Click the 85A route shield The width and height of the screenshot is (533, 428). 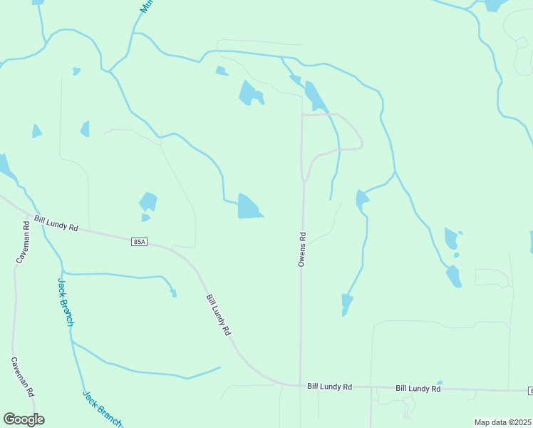coord(140,243)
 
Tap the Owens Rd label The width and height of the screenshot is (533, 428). coord(301,250)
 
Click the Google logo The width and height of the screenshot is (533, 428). coord(24,419)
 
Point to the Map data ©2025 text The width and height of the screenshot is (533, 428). coord(502,422)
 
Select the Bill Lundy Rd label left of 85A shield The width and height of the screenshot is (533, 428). coord(56,224)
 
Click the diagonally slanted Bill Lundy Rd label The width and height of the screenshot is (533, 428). coord(219,315)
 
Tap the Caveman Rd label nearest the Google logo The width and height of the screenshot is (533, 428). coord(22,377)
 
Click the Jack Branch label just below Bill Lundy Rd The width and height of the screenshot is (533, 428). coord(65,302)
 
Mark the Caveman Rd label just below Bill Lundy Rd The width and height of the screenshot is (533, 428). coord(22,243)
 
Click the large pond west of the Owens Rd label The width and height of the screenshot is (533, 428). coord(249,207)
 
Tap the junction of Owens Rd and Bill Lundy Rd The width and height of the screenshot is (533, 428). coord(300,386)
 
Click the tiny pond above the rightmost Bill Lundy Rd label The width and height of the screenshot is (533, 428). coord(440,383)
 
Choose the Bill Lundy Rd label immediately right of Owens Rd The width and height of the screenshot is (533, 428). coord(330,387)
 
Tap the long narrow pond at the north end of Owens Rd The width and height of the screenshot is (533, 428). coord(314,96)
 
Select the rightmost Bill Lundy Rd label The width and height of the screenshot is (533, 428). coord(418,389)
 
